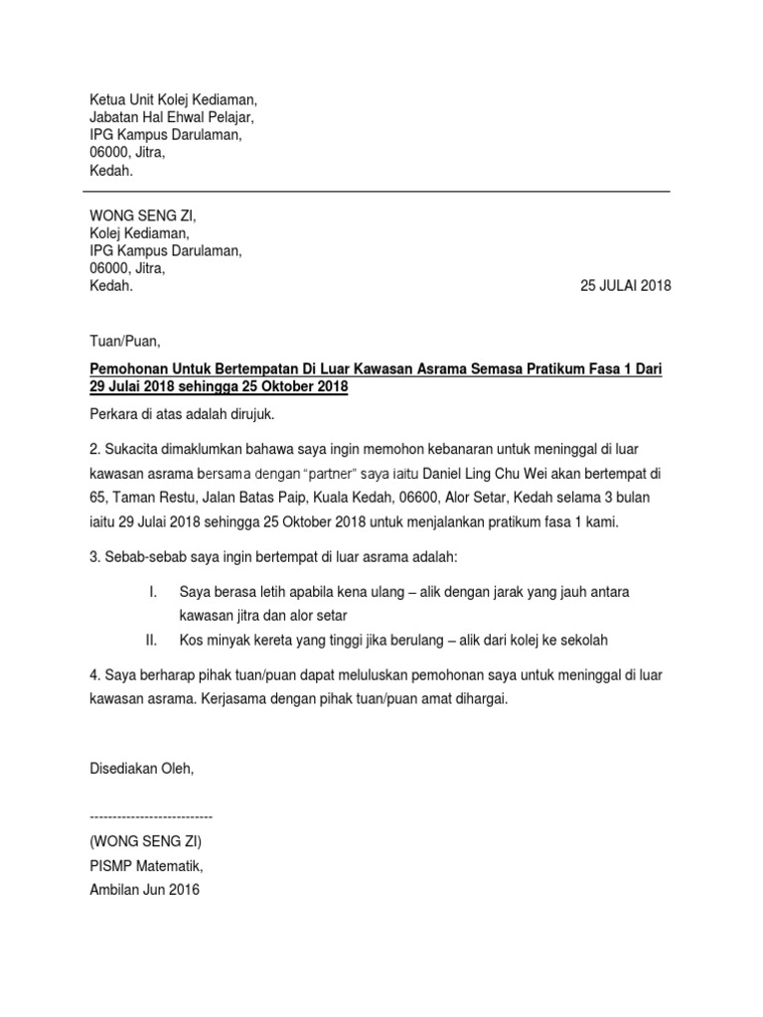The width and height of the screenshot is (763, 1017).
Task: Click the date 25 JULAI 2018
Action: coord(625,286)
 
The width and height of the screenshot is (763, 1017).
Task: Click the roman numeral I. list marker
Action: coord(153,592)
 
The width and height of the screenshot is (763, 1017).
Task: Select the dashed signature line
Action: coord(151,816)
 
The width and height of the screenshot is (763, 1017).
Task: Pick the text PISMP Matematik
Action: coord(146,865)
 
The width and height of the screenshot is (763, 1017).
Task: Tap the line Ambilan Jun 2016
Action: coord(144,890)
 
